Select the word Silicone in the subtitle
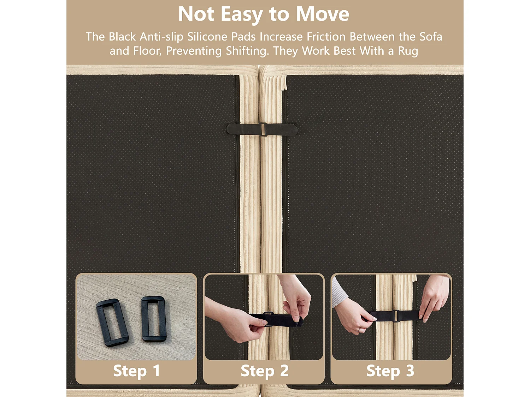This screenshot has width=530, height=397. [x=221, y=37]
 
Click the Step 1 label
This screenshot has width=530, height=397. [x=136, y=371]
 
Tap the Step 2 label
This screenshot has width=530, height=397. [x=265, y=371]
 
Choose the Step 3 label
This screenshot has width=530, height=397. [x=390, y=371]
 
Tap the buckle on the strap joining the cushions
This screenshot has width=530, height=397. [x=263, y=130]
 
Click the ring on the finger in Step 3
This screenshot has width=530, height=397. [x=359, y=330]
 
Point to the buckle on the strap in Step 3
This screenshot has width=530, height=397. [x=395, y=316]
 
